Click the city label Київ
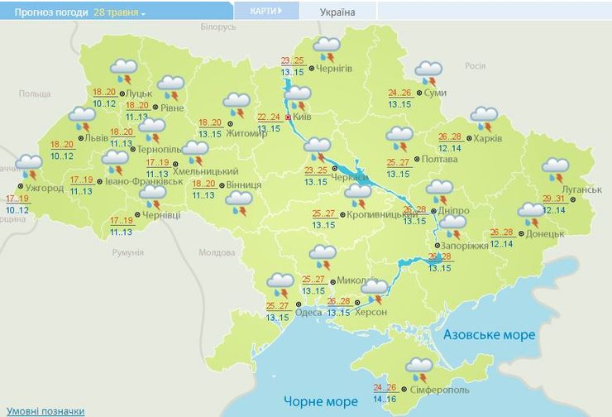pos(302,118)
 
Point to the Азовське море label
pos(489,335)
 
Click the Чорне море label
pos(321,401)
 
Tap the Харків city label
pos(488,137)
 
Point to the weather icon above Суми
pos(428,73)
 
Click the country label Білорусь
pos(218,27)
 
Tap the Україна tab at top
pos(337,12)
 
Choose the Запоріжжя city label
pos(466,247)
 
